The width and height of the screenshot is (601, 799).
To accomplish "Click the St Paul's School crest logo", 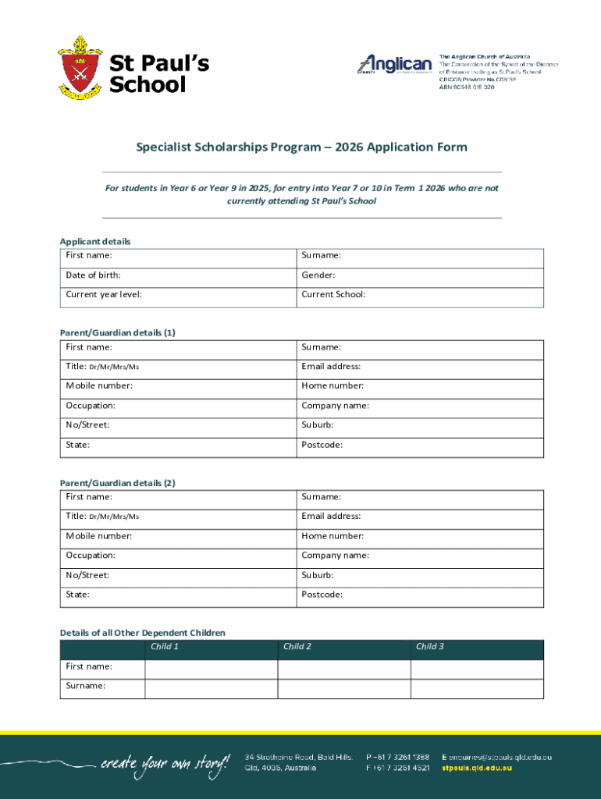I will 80,68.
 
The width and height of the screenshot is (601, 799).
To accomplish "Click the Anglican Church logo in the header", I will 395,64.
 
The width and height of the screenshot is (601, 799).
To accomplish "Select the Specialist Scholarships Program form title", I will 301,147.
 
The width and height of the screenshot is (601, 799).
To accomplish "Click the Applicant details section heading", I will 95,241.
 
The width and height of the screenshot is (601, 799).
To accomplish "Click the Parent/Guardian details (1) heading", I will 117,332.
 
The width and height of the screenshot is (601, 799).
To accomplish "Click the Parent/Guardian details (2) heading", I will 117,483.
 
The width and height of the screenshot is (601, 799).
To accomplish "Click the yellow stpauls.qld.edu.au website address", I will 477,769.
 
